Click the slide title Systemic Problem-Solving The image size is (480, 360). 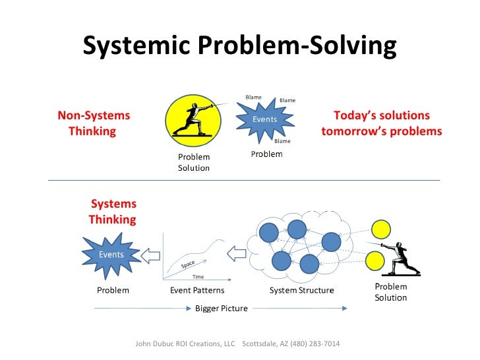[239, 45]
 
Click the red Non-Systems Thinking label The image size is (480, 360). [93, 123]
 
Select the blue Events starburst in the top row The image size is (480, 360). [264, 119]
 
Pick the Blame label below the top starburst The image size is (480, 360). [282, 141]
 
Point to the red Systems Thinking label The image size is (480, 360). [113, 212]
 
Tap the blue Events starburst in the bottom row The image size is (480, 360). [111, 255]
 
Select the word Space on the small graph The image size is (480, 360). [188, 265]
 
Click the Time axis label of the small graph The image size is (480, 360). [198, 277]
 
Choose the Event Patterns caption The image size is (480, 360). [197, 290]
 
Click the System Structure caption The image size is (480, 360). [302, 290]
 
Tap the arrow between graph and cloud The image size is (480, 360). [235, 254]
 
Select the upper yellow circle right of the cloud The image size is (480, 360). [380, 229]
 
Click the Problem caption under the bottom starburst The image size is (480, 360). [113, 290]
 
